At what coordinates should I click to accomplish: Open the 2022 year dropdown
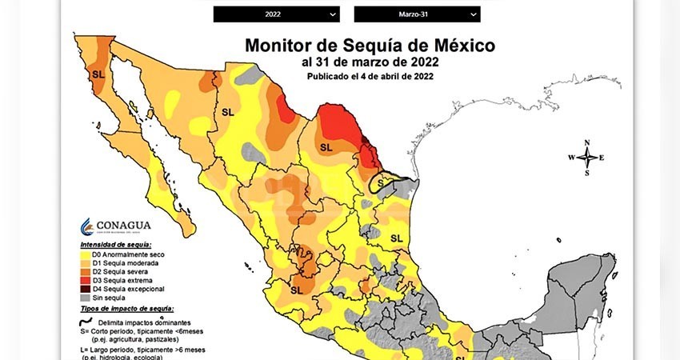[276, 14]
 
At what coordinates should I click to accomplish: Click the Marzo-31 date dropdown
[417, 14]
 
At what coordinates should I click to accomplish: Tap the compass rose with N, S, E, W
[586, 158]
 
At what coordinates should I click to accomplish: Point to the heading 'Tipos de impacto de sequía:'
[127, 308]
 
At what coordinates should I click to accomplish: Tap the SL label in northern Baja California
[98, 74]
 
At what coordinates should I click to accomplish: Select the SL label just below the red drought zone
[326, 147]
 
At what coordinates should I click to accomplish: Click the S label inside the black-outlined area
[380, 183]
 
